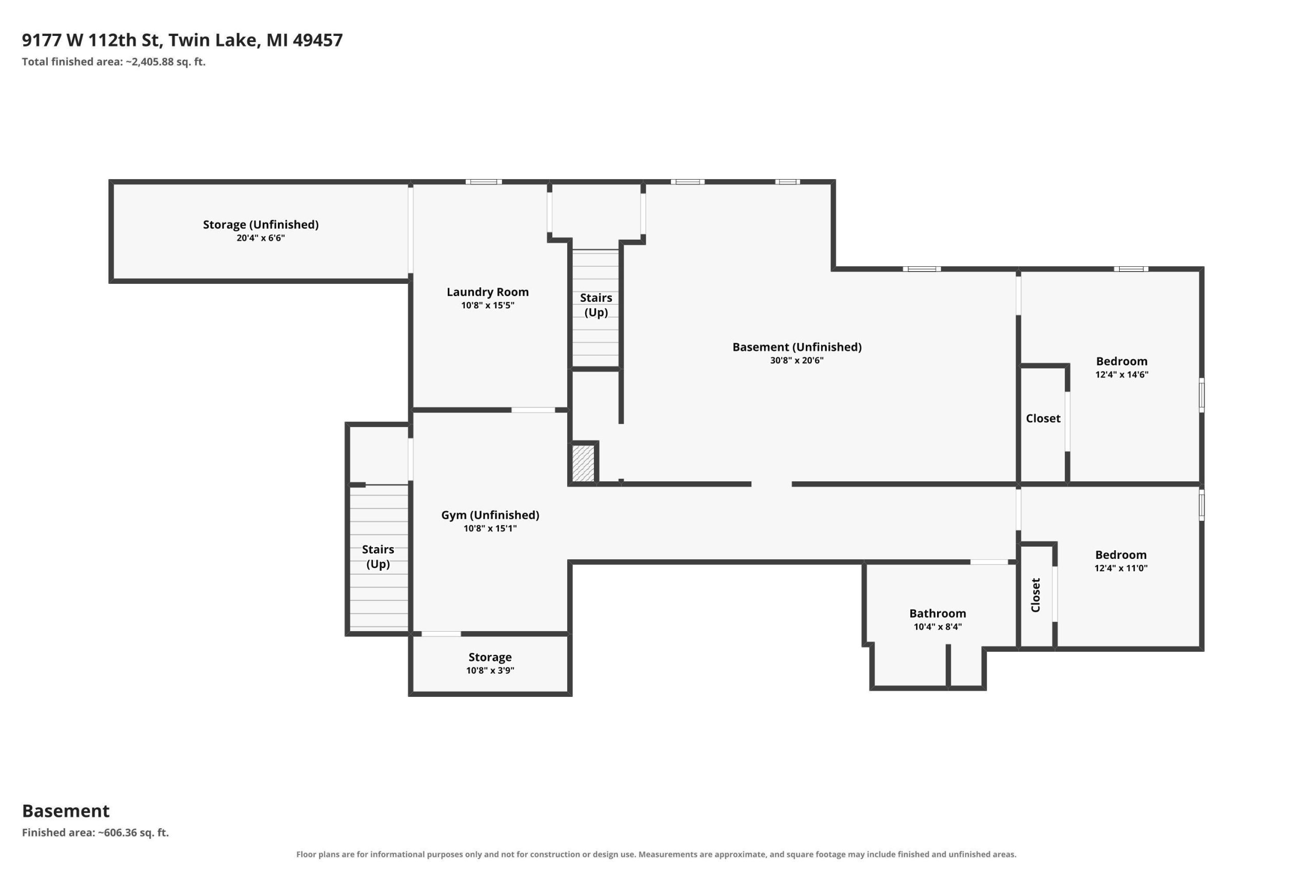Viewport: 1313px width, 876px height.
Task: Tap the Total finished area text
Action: point(114,62)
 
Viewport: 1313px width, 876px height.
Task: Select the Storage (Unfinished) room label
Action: point(261,225)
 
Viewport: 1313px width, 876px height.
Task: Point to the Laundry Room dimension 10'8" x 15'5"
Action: point(487,305)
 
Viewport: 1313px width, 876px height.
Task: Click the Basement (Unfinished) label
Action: point(797,347)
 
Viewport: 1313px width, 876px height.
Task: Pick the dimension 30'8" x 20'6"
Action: point(797,360)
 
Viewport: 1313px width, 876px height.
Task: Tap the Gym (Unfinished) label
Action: point(490,515)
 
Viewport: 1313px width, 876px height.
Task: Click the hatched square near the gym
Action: point(583,463)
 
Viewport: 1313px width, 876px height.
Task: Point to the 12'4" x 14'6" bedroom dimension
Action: point(1122,374)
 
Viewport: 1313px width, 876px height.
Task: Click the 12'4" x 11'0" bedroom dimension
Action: point(1121,568)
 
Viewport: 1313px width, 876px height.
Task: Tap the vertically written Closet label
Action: point(1036,595)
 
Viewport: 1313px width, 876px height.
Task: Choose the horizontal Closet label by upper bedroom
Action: point(1043,418)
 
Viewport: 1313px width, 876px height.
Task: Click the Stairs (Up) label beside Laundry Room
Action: point(595,305)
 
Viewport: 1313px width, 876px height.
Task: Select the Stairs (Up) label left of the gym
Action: point(378,556)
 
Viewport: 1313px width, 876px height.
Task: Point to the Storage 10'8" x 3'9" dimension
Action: point(490,670)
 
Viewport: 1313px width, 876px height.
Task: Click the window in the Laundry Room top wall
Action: point(484,182)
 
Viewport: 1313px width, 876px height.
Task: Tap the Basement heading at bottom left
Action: point(66,811)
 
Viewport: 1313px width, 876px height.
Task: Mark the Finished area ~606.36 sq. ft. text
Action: point(95,832)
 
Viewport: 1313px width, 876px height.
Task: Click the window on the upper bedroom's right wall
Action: point(1201,395)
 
